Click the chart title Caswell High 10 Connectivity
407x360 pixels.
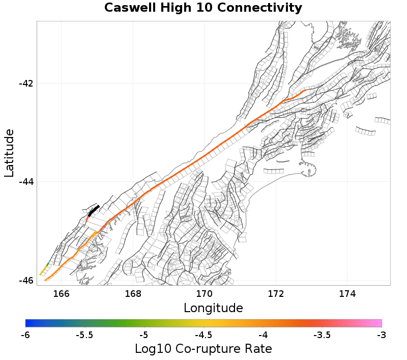pos(203,8)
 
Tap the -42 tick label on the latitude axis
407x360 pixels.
pos(25,84)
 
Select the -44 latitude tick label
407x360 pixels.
pos(25,182)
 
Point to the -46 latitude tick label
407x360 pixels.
pos(25,281)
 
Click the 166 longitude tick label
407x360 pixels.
pos(61,293)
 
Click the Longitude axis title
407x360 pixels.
pos(213,308)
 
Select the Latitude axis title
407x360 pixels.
pos(9,153)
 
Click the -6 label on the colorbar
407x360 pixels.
pos(25,335)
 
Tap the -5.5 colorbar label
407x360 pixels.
pos(84,335)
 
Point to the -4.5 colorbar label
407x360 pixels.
pos(203,335)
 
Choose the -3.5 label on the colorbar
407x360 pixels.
pos(322,335)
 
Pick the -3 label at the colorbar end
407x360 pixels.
pos(382,335)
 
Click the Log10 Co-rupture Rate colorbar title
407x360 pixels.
pos(203,349)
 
